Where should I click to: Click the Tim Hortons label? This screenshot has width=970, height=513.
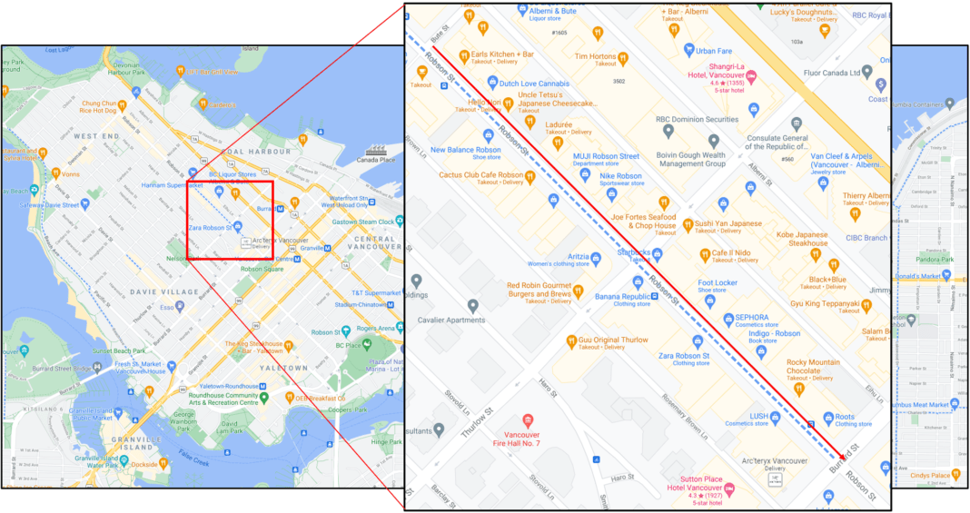tap(596, 55)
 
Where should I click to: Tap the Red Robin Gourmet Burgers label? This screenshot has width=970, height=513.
tap(539, 290)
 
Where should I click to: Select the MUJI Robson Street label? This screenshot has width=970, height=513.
tap(606, 156)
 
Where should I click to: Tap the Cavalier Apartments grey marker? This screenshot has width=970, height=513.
tap(472, 306)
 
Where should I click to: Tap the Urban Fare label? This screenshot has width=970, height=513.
tap(713, 51)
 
